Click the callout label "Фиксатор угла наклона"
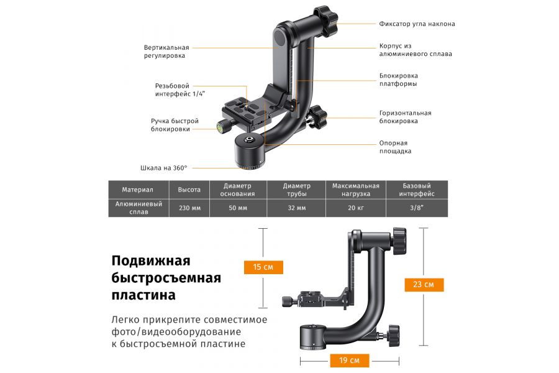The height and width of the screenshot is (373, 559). (x=417, y=24)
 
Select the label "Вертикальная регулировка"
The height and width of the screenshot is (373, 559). (x=166, y=52)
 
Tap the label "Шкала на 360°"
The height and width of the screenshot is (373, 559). (x=163, y=168)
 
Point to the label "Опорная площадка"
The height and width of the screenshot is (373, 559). (x=395, y=147)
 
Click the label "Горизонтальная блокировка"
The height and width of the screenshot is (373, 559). (x=405, y=117)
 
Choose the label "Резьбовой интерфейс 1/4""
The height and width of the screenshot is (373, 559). (x=180, y=90)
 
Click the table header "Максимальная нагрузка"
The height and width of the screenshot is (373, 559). (x=355, y=190)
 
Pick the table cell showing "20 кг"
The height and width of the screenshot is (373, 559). (x=355, y=208)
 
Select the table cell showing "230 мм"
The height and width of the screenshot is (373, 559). (x=189, y=208)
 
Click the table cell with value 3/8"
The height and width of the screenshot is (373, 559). (x=416, y=208)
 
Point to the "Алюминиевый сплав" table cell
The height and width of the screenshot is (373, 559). (x=139, y=208)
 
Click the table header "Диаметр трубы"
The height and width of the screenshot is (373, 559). (x=296, y=190)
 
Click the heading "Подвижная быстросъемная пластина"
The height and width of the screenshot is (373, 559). (x=166, y=277)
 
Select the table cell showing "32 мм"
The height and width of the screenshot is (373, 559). (x=296, y=208)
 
